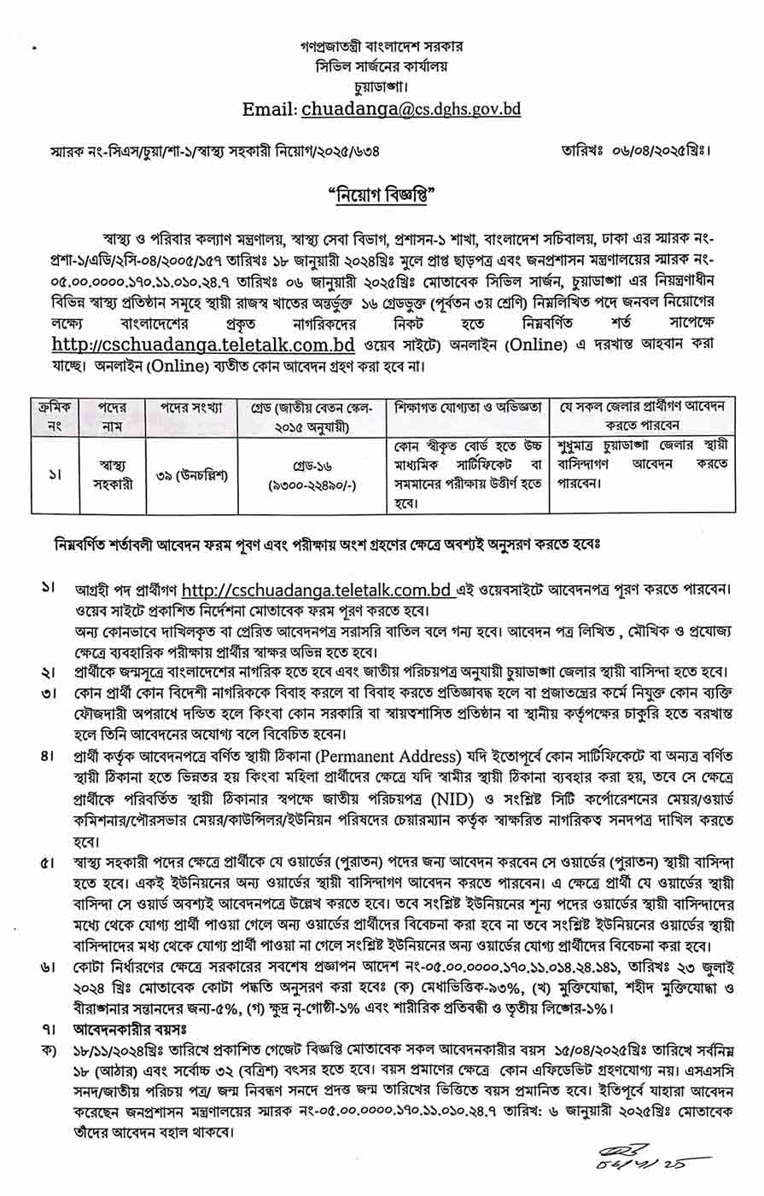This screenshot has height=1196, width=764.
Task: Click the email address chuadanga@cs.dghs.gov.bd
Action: [x=411, y=109]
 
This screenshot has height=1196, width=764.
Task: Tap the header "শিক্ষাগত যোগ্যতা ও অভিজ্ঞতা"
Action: [x=468, y=408]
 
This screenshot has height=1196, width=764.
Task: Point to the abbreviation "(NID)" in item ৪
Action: [x=454, y=798]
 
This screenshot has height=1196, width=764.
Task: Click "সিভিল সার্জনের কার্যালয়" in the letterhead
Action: [x=382, y=66]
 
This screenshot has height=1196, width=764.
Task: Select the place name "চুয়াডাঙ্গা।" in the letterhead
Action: [x=382, y=86]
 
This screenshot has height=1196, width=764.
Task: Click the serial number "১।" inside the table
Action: [x=51, y=475]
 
